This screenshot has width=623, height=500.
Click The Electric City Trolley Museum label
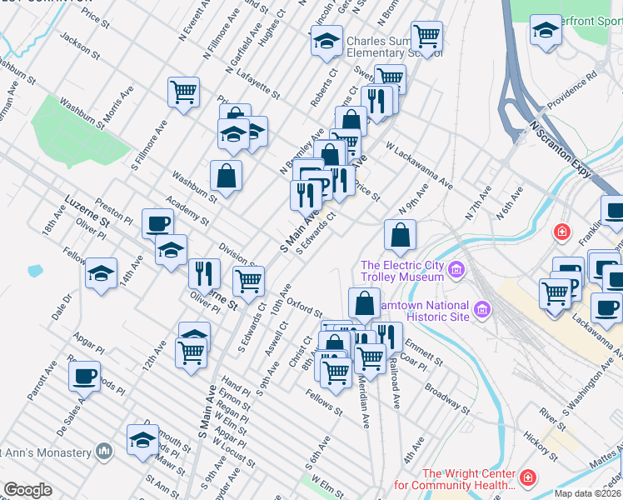pyautogui.click(x=401, y=272)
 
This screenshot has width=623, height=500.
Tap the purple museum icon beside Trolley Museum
pyautogui.click(x=456, y=270)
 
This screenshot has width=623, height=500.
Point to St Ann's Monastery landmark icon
pyautogui.click(x=103, y=452)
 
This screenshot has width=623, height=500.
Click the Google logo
pyautogui.click(x=27, y=490)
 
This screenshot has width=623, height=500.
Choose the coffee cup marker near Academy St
pyautogui.click(x=157, y=223)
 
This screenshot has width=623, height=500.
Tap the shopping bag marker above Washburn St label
pyautogui.click(x=226, y=175)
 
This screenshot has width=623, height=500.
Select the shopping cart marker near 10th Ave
pyautogui.click(x=248, y=282)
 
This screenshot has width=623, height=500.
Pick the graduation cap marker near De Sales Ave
pyautogui.click(x=142, y=439)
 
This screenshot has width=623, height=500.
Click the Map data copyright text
pyautogui.click(x=588, y=493)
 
